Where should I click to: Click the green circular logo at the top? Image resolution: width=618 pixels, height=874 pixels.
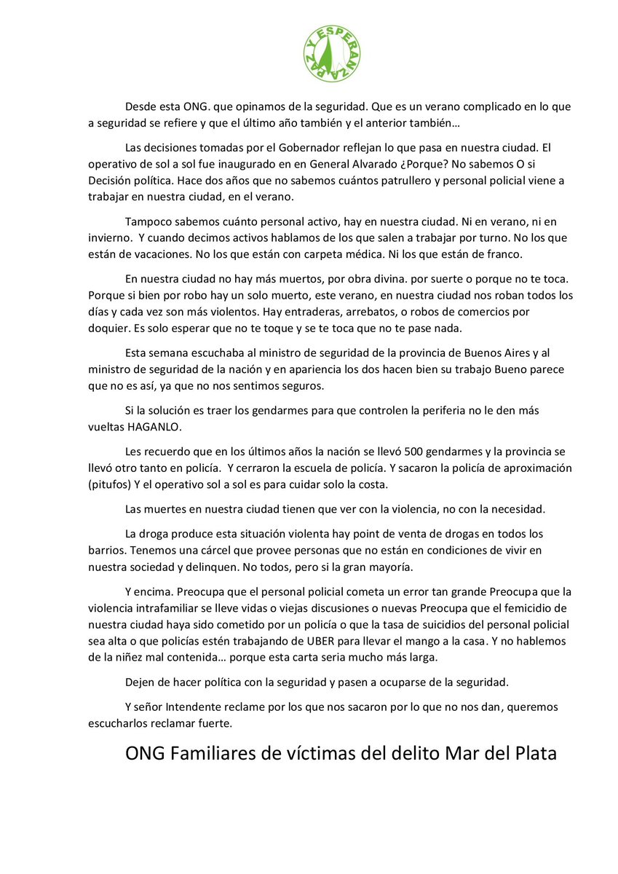pyautogui.click(x=331, y=53)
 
